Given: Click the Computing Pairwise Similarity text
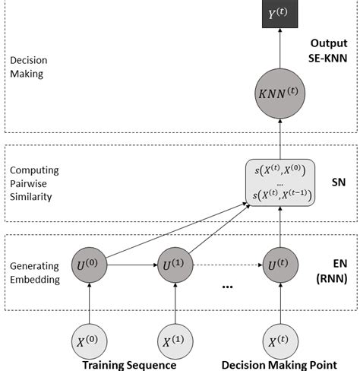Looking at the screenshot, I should tap(34, 183).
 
